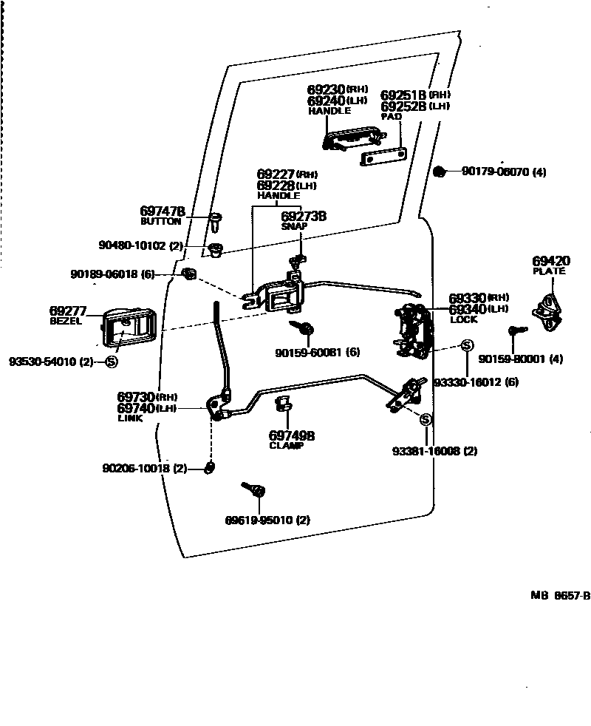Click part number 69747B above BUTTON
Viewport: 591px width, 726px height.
tap(162, 211)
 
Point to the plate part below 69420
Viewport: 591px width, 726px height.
tap(548, 305)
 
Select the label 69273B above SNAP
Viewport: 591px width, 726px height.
tap(304, 217)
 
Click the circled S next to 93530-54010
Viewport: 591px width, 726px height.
tap(112, 362)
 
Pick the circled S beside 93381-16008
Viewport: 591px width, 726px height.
tap(426, 420)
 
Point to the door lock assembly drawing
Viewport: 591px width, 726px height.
tap(411, 330)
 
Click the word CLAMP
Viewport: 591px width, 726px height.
tap(286, 446)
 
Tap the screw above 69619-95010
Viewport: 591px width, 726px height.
tap(255, 489)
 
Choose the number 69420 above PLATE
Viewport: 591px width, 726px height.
tap(551, 261)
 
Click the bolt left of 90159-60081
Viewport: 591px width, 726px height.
tap(302, 328)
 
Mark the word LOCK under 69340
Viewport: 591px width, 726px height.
tap(463, 319)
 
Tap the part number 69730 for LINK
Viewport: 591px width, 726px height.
tap(136, 397)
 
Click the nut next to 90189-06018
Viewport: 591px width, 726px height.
tap(188, 275)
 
